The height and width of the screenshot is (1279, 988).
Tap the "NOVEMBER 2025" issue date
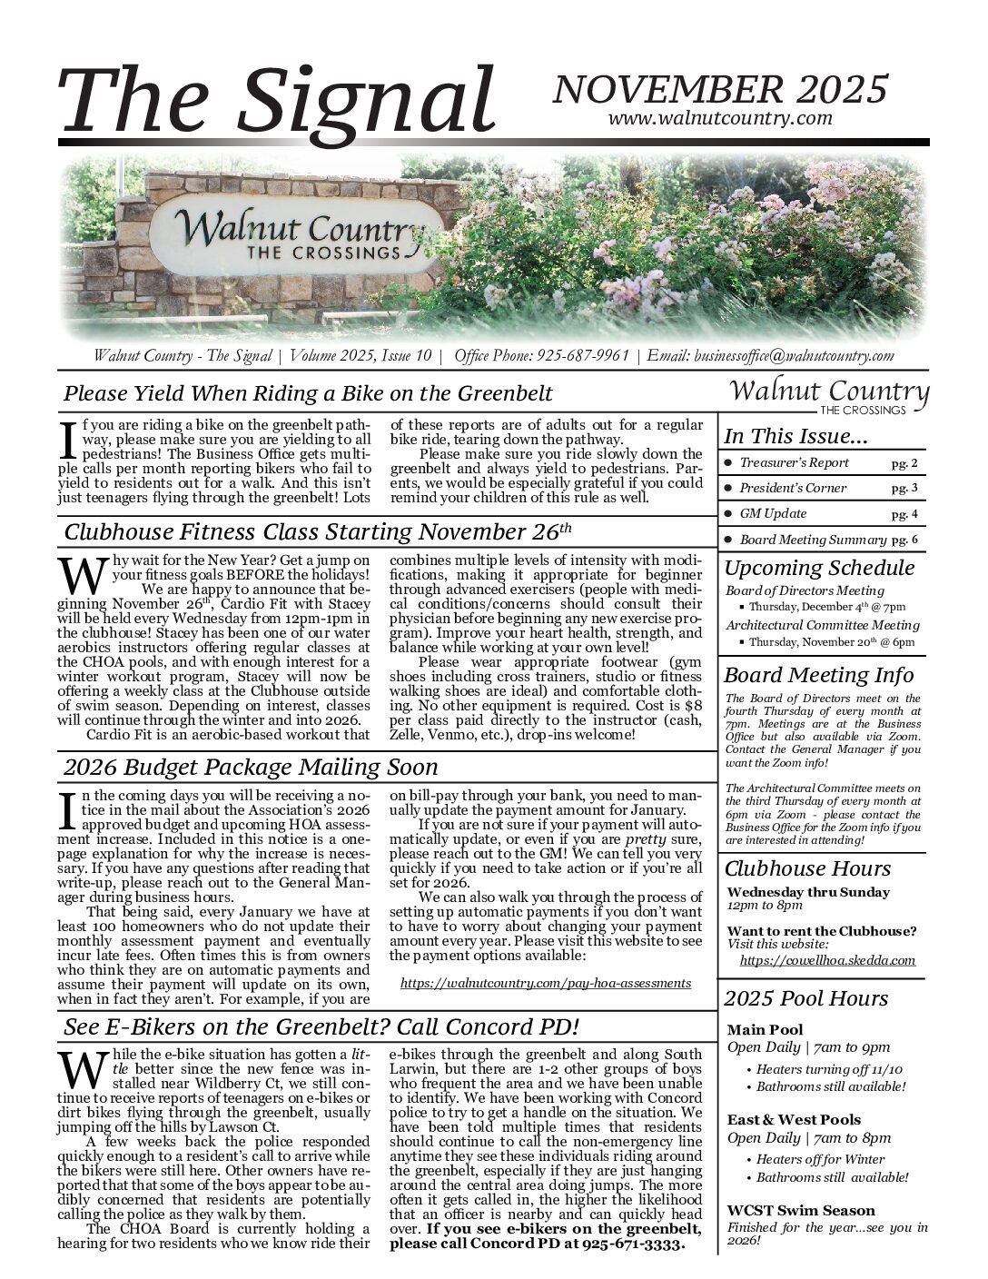pyautogui.click(x=719, y=89)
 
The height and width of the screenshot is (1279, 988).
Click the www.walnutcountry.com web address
pyautogui.click(x=720, y=118)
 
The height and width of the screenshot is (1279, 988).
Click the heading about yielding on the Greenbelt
pyautogui.click(x=308, y=393)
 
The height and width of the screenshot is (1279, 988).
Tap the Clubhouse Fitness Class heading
pyautogui.click(x=318, y=530)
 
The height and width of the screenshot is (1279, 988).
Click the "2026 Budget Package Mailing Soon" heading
pyautogui.click(x=251, y=767)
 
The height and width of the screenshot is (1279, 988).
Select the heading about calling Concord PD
pyautogui.click(x=321, y=1027)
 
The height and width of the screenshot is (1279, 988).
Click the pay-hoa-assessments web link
pyautogui.click(x=545, y=983)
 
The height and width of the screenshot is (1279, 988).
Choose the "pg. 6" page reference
pyautogui.click(x=904, y=540)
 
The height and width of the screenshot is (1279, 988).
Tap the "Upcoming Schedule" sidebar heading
pyautogui.click(x=819, y=569)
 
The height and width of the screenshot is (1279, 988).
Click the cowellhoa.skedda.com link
pyautogui.click(x=827, y=959)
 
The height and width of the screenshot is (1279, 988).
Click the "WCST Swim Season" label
pyautogui.click(x=801, y=1210)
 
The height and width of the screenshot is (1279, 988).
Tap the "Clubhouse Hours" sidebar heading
pyautogui.click(x=807, y=868)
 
